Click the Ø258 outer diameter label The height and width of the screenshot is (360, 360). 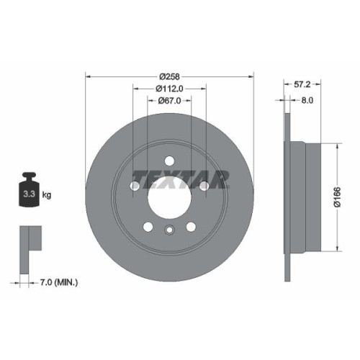coord(170,75)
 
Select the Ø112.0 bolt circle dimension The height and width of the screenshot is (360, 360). coord(170,89)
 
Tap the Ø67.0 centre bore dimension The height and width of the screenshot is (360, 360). coord(170,102)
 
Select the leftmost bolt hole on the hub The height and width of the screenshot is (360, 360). coord(135,186)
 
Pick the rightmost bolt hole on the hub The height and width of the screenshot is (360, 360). coord(204,186)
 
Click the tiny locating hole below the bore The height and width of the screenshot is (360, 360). coord(169,231)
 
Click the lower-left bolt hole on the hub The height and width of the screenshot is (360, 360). coord(148,227)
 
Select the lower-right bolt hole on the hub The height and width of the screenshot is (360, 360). coord(192,227)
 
